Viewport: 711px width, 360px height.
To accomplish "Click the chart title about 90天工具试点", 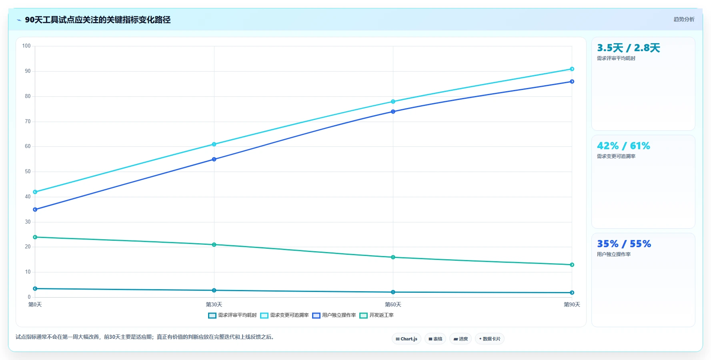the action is (98, 20).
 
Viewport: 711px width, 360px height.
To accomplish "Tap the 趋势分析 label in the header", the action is (684, 19).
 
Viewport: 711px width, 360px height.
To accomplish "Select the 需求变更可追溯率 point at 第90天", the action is (572, 69).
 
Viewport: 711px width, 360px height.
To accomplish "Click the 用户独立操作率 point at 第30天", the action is (214, 159).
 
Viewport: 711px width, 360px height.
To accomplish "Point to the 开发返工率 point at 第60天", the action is (393, 257).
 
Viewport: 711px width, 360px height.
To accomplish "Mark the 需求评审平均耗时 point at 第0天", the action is (35, 288).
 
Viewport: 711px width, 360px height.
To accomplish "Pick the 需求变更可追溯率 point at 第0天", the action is (35, 192).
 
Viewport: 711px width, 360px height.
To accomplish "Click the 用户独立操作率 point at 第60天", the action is (393, 112).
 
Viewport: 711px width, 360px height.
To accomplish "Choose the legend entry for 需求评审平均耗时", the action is (232, 315).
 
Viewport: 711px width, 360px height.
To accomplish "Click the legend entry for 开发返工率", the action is (377, 315).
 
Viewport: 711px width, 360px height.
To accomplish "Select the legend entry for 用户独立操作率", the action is (334, 315).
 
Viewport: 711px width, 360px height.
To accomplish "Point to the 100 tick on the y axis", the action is (26, 46).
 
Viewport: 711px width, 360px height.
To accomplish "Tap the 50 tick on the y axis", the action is (28, 172).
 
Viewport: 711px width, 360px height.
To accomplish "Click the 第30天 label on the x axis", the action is (214, 304).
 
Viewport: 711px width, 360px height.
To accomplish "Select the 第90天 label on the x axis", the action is (572, 304).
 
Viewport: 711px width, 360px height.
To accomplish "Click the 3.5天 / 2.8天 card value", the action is (629, 48).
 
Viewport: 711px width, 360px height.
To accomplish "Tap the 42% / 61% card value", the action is (624, 146).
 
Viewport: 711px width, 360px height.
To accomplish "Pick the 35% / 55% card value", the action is (624, 244).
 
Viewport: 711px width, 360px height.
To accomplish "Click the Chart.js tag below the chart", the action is (407, 339).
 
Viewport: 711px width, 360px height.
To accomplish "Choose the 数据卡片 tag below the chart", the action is (490, 339).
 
